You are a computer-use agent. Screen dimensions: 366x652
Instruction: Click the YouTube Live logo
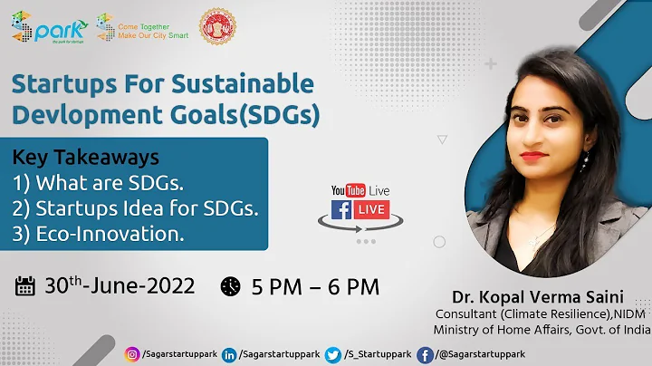[x=360, y=190]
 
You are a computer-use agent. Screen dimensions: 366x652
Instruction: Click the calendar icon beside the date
[x=26, y=286]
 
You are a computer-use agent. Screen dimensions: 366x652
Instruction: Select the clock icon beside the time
[x=231, y=286]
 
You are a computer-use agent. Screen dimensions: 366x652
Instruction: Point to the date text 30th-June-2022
[x=118, y=286]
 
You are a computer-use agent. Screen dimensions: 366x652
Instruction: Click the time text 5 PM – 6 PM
[x=314, y=286]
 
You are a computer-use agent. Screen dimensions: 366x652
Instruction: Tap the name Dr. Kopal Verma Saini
[x=541, y=297]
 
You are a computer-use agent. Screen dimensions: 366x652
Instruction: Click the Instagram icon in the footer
[x=134, y=352]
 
